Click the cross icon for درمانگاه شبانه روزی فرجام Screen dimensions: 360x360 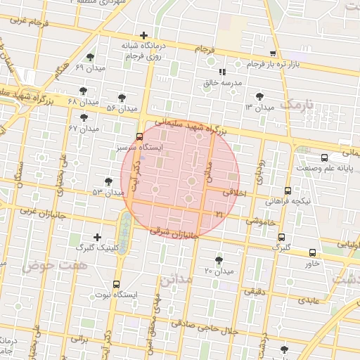pos(143,35)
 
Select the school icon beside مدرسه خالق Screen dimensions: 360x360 pos(222,72)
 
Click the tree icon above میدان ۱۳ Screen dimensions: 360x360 pos(260,96)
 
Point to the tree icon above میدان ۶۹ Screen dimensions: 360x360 pos(89,57)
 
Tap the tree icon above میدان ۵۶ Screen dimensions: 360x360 pos(122,98)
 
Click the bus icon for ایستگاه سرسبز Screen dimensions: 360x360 pos(139,137)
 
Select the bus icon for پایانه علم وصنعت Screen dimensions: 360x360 pos(323,158)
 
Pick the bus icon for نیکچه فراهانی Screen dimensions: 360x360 pos(288,190)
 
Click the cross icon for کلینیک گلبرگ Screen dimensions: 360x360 pos(97,237)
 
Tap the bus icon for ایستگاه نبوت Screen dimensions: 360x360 pos(116,284)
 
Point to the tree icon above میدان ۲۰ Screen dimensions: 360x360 pos(219,259)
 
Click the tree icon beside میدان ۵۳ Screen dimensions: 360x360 pos(108,181)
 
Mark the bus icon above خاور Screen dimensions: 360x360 pos(312,252)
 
